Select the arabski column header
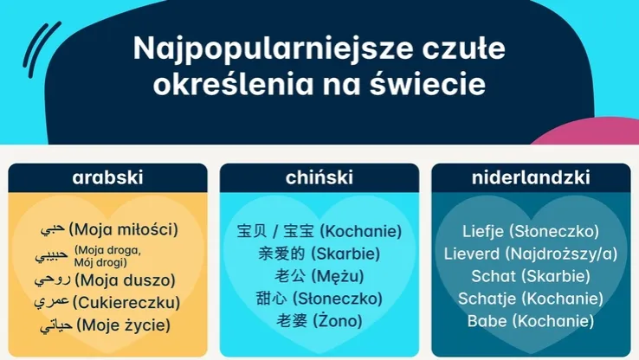107,178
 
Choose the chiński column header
319,178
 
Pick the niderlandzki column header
531,178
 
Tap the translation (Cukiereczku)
126,303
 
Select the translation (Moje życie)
122,326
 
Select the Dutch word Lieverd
472,254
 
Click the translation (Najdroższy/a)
562,254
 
